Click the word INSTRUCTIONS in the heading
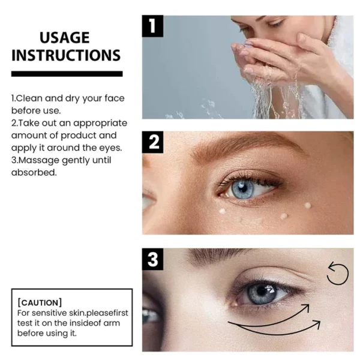[66, 56]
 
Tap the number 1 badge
[153, 27]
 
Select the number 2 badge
[154, 143]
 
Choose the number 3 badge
[153, 259]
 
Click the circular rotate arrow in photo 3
[337, 274]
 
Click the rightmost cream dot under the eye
[308, 205]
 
